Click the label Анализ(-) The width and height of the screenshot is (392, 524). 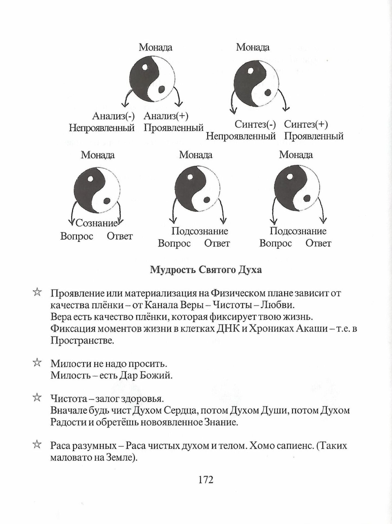(113, 117)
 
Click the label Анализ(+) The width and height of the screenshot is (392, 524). (166, 117)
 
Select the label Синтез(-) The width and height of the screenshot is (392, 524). (255, 125)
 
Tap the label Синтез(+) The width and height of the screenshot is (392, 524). (306, 125)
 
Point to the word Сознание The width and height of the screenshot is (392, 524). (96, 223)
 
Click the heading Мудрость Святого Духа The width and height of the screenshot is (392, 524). (206, 270)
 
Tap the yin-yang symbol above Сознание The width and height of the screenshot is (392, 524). (97, 190)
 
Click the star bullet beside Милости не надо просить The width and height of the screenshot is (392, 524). (37, 363)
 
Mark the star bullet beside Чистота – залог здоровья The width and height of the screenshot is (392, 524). (37, 398)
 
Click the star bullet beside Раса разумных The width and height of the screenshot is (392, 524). (37, 445)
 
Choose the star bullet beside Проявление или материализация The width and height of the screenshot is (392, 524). (37, 293)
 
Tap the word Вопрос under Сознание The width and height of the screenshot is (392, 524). (77, 236)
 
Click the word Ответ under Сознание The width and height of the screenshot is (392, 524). (120, 236)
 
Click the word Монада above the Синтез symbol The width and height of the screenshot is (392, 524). (253, 47)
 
